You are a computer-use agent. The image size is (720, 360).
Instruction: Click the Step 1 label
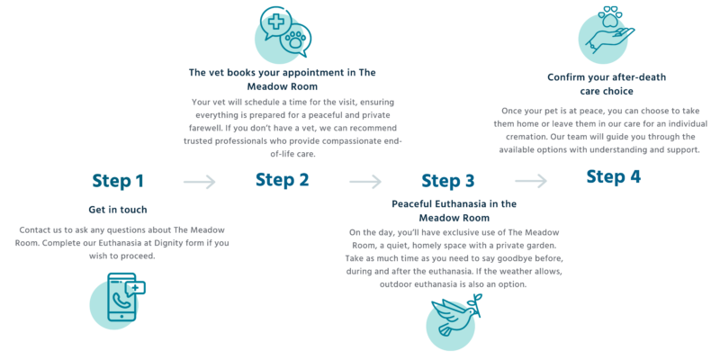[x=118, y=181]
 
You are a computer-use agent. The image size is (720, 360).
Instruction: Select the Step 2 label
[x=283, y=179]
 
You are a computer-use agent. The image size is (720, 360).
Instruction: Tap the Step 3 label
[x=447, y=181]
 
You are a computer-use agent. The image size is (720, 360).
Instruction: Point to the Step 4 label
[x=614, y=176]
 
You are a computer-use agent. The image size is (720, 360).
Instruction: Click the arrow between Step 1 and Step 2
[x=200, y=182]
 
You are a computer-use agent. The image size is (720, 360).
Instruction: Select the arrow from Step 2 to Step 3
[x=365, y=182]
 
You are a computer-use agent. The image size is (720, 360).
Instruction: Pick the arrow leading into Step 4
[x=531, y=181]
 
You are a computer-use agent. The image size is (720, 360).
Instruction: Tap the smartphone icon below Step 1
[x=121, y=297]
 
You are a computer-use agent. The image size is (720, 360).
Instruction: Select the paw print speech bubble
[x=295, y=40]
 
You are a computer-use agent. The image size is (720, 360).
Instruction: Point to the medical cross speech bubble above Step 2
[x=274, y=23]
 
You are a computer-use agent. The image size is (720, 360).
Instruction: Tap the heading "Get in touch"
[x=118, y=210]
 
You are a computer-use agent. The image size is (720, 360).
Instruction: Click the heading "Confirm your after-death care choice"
[x=607, y=84]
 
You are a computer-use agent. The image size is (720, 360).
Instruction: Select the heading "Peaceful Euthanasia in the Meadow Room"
[x=454, y=211]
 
